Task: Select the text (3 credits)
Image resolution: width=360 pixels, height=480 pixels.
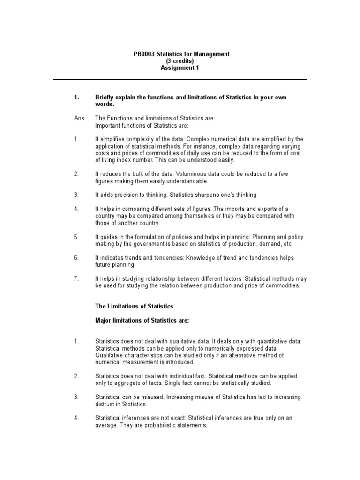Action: (180, 61)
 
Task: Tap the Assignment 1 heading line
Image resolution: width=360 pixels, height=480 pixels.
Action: (180, 68)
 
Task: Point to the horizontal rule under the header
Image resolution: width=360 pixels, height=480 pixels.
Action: (180, 80)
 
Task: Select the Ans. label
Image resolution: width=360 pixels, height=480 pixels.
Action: (79, 119)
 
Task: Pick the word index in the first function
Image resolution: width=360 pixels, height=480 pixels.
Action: (130, 160)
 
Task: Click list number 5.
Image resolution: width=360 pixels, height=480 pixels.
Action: (76, 237)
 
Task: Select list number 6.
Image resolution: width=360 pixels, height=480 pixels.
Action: (76, 258)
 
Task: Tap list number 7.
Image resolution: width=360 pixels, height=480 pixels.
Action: (76, 278)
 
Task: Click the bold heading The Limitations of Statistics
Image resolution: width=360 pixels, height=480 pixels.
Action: (134, 307)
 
